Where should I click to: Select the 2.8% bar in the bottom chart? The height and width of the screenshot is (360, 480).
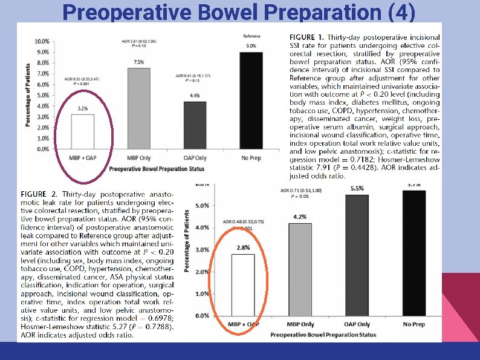[x=242, y=285]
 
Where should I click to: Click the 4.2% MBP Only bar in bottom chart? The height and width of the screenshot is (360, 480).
[x=300, y=270]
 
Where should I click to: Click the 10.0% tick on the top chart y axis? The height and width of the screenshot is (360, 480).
[x=42, y=42]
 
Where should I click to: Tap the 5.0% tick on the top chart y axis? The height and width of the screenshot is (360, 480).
[x=42, y=95]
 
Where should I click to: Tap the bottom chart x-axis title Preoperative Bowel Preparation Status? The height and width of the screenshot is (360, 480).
[x=323, y=335]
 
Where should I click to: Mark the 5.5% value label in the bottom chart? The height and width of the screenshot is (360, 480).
[x=357, y=188]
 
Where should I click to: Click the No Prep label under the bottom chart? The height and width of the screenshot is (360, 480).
[x=414, y=324]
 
